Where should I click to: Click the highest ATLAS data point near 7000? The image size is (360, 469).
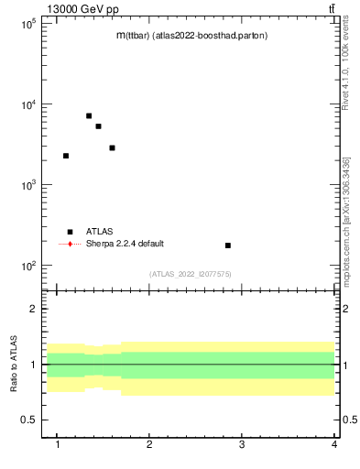(x=89, y=115)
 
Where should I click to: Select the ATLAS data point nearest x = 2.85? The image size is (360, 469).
(x=228, y=245)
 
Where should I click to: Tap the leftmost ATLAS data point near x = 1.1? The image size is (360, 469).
(x=66, y=156)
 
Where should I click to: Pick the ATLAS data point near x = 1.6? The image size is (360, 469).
(x=112, y=147)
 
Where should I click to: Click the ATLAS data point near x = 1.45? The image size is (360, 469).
(x=98, y=126)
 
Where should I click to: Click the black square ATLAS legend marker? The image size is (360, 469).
(x=70, y=232)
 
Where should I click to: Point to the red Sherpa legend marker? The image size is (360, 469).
(x=70, y=244)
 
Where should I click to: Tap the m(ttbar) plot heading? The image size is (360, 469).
(x=191, y=36)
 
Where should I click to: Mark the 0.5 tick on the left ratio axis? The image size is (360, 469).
(x=28, y=420)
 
